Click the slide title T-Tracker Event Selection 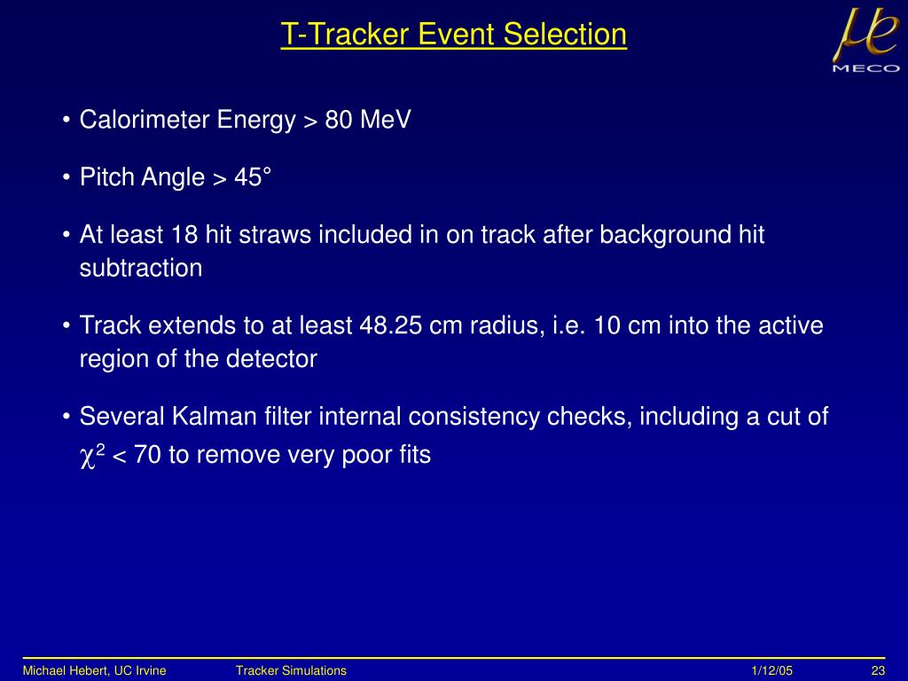453,35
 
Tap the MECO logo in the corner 866,40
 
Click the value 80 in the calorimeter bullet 339,120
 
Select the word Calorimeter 145,120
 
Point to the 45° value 253,177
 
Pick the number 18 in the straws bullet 184,235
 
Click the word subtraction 141,268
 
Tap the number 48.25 390,325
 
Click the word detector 271,359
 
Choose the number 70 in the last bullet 147,455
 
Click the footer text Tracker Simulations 291,670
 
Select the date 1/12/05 771,670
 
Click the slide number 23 878,670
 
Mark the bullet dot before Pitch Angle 67,177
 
